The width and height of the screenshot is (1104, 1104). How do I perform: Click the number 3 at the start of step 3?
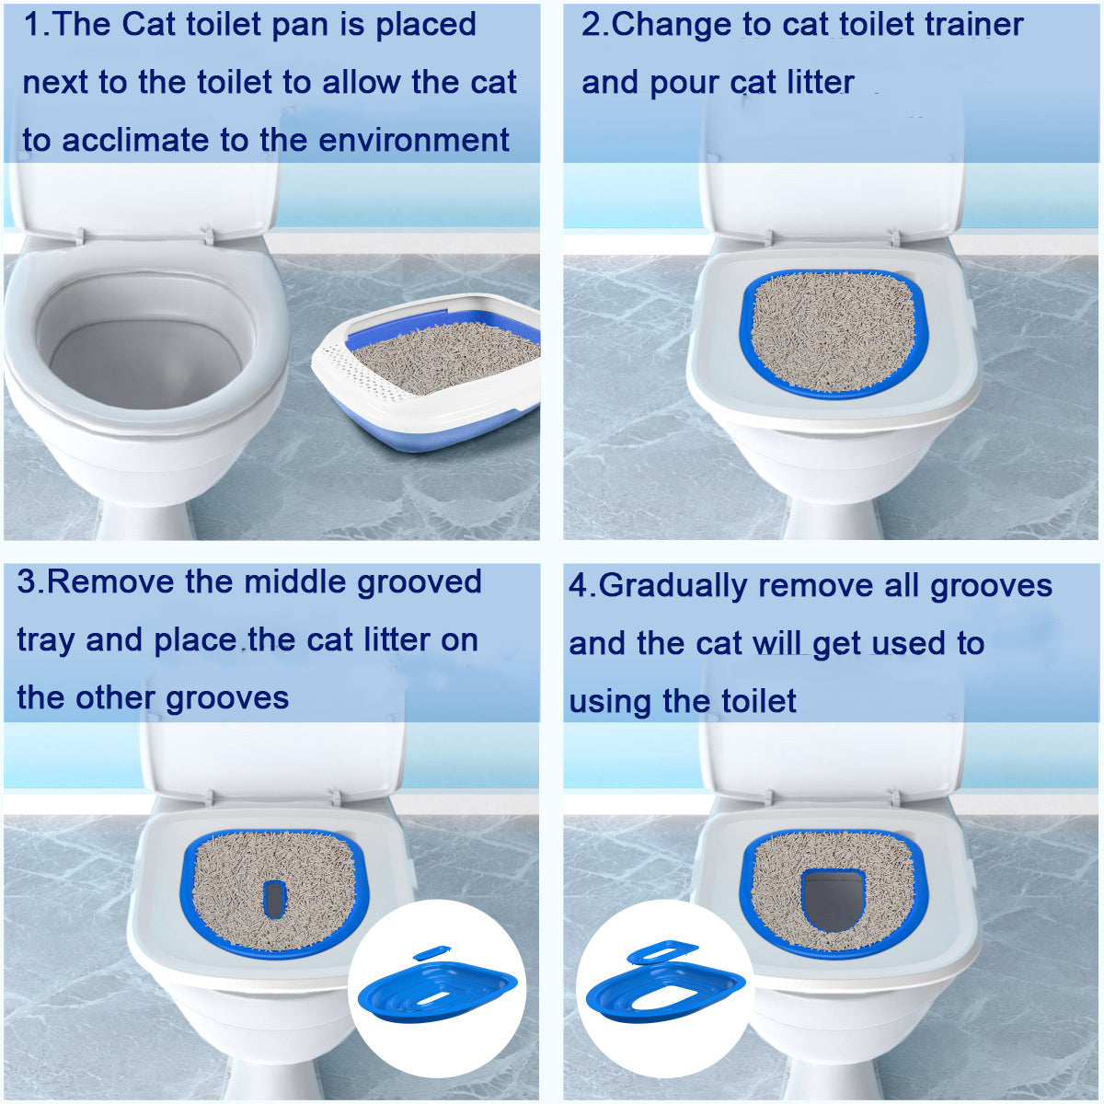(26, 582)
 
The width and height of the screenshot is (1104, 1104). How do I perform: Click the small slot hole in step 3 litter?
(274, 898)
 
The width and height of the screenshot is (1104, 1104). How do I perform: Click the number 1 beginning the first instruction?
(32, 25)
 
